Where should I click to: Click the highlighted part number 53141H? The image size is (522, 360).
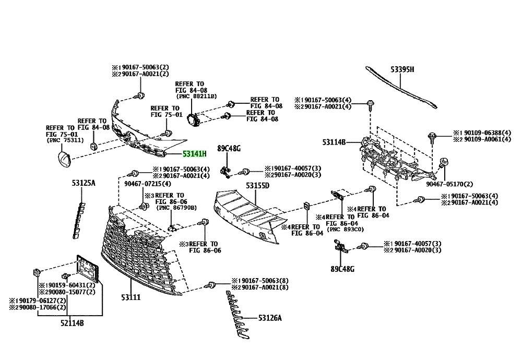pos(195,154)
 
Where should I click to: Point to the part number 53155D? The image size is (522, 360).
pos(257,185)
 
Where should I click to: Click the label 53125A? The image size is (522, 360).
pos(84,183)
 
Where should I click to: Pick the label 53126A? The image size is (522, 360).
pos(270,318)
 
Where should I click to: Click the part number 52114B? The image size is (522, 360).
pos(72,322)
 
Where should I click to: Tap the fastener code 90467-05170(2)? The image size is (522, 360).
pos(449,184)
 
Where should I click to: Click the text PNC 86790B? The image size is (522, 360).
pos(176,208)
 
